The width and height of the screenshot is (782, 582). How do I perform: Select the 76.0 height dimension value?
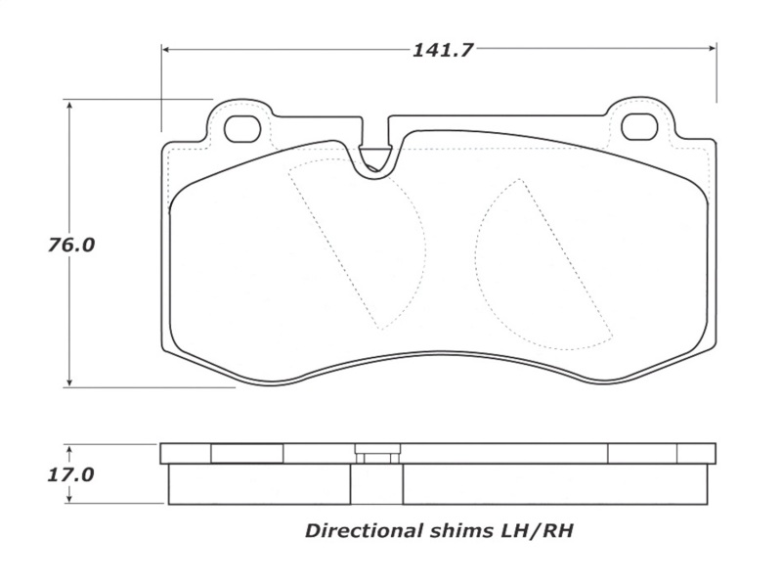tap(70, 245)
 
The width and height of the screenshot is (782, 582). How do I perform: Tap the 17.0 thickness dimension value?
tap(70, 475)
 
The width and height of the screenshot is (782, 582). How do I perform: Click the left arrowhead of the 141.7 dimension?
tap(167, 48)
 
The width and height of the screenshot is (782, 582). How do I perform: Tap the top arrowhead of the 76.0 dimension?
tap(70, 105)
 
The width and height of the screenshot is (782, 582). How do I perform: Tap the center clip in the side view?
tap(376, 456)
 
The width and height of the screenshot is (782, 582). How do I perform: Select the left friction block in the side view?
tap(259, 483)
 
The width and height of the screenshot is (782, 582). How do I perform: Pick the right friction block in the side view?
tap(555, 483)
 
